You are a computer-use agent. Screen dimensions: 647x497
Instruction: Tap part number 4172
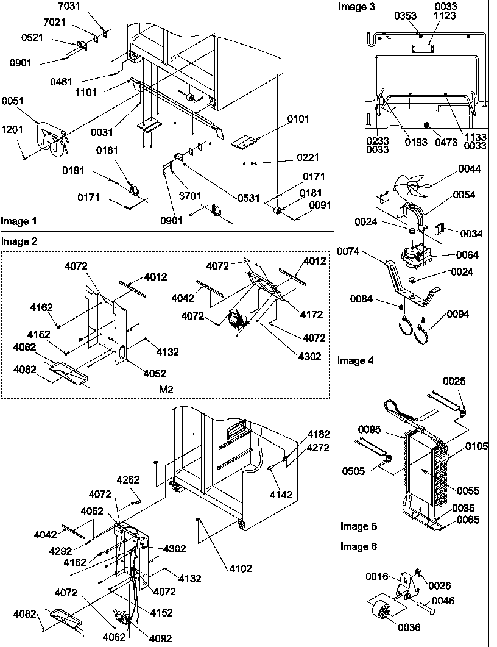[311, 315]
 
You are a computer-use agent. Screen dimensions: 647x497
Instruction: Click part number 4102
[240, 568]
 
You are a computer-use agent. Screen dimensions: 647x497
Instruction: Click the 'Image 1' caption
[18, 221]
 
